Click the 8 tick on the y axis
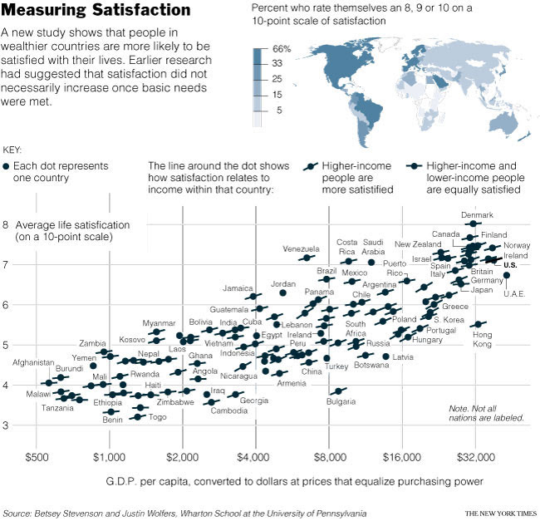coord(6,224)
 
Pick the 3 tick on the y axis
coord(6,425)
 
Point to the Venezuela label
coord(301,249)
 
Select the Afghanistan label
coord(33,363)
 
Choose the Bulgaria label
coord(341,402)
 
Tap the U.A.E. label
coord(513,293)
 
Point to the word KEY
coord(12,150)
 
